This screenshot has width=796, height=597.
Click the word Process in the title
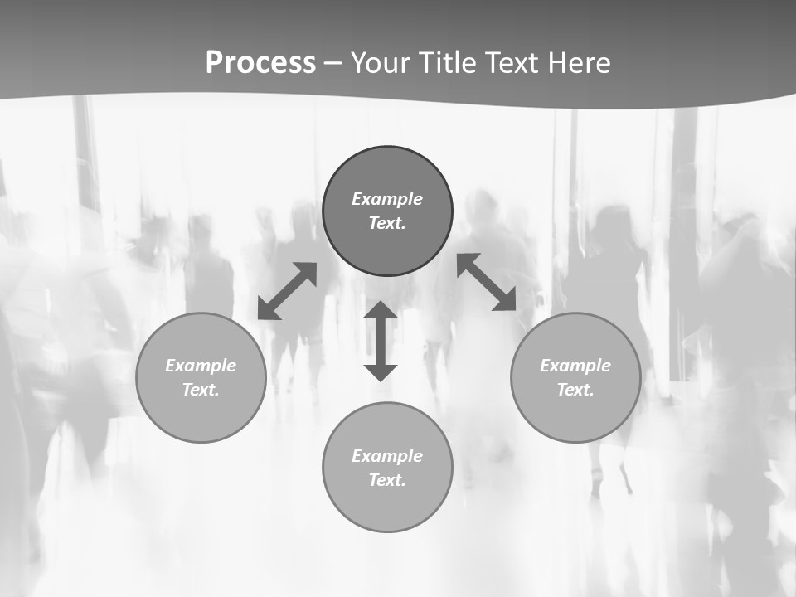click(260, 63)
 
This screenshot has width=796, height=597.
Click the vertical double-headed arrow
click(381, 341)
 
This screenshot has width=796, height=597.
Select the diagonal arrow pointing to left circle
click(287, 291)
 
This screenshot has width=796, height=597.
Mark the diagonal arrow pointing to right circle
click(487, 282)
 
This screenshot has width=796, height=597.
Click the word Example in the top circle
click(387, 199)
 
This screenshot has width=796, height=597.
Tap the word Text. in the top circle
click(387, 223)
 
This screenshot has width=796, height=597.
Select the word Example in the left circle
click(201, 366)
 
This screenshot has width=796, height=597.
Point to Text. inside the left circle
click(201, 390)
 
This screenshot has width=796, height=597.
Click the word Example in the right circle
click(575, 366)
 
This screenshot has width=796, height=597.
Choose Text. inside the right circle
click(575, 390)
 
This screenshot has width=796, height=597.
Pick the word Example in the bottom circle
click(387, 456)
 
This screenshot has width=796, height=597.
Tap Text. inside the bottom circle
click(387, 480)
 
